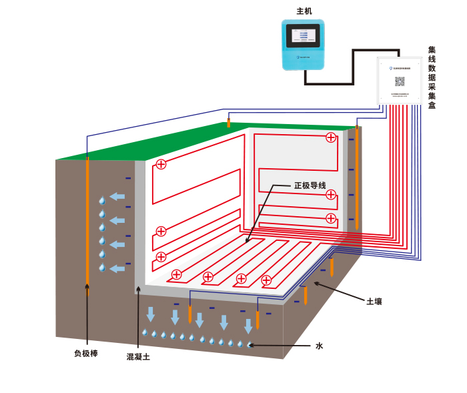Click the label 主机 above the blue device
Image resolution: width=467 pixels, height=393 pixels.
click(304, 11)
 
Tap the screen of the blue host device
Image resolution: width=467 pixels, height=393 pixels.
click(303, 35)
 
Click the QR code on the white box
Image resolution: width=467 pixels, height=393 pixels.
click(400, 81)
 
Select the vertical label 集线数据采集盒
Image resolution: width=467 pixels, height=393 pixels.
click(432, 77)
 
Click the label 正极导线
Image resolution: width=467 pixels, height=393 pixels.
click(310, 185)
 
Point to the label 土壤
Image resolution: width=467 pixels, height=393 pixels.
click(374, 302)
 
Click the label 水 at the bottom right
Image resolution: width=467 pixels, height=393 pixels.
click(319, 346)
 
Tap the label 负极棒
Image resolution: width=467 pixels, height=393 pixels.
click(86, 353)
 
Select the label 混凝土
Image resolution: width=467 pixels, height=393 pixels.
click(138, 357)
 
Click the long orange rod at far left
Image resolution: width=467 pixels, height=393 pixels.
click(87, 220)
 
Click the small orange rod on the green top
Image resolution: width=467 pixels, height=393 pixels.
click(229, 123)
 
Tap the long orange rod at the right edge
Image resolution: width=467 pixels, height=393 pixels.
click(357, 177)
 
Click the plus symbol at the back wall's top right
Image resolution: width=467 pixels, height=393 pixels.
click(331, 137)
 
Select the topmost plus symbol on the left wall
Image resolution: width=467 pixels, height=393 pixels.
click(161, 164)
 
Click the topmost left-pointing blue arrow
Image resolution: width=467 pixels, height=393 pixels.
click(117, 196)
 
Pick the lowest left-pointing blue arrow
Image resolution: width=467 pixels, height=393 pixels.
click(117, 268)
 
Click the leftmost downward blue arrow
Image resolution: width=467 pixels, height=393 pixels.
click(151, 314)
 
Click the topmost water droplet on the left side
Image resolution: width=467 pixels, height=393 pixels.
click(102, 200)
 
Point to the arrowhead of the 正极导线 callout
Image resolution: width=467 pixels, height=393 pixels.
click(247, 242)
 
